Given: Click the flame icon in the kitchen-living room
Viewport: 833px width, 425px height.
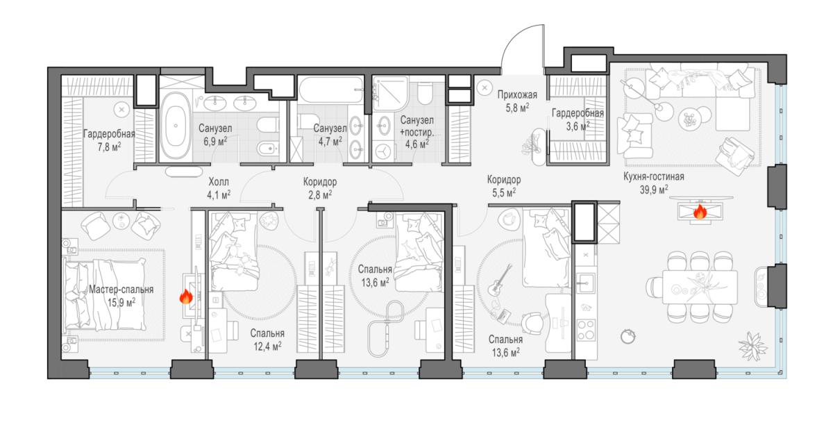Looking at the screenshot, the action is pos(700,212).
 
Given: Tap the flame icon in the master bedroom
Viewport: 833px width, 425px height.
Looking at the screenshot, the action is pos(186,297).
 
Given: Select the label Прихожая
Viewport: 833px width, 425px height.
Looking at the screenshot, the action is pos(517,95).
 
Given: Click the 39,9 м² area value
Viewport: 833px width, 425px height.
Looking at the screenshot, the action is pos(653,190).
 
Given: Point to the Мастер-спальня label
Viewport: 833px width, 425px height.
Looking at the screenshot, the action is pos(121,290).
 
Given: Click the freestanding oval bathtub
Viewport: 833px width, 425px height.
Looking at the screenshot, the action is pos(176,126).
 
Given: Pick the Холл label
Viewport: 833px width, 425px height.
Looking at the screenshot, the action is pos(219,182).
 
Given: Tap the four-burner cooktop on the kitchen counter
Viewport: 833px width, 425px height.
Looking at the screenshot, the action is pos(585,330).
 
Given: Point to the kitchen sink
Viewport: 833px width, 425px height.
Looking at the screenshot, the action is pos(585,283).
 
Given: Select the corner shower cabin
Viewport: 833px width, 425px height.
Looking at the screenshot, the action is pos(390,93).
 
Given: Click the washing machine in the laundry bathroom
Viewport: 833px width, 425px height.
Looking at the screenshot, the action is pos(382,151).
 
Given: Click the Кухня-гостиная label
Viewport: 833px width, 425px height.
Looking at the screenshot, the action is pos(654,176).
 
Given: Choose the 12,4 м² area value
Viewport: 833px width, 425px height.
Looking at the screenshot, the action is pos(267,347).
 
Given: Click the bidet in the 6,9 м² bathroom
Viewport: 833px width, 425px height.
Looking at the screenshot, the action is pos(268,149).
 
